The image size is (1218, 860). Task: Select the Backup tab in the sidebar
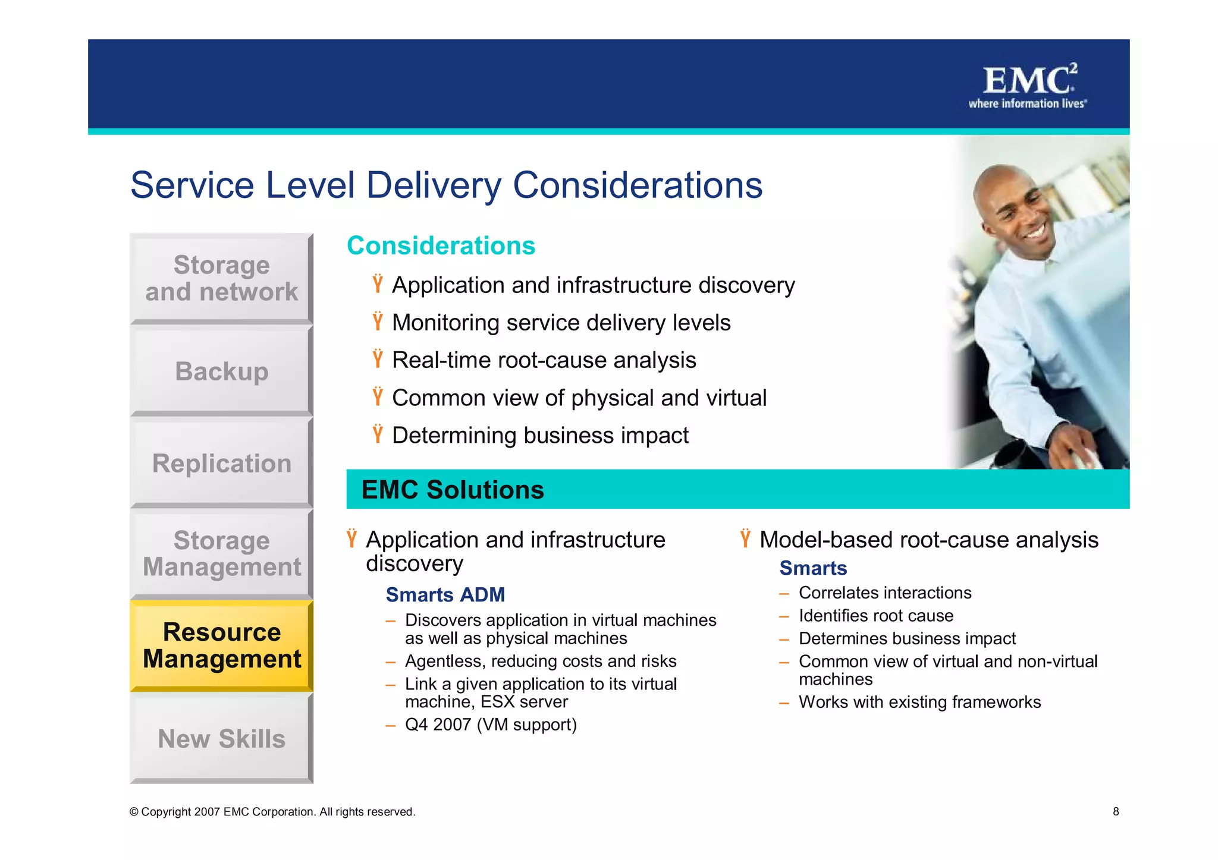tap(221, 371)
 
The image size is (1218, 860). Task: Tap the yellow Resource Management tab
tap(221, 645)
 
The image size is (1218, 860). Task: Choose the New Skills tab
tap(221, 739)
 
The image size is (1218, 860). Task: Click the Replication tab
tap(221, 464)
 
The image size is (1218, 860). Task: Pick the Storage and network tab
tap(221, 278)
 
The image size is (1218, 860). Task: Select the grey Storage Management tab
tap(221, 554)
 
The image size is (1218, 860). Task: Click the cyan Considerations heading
tap(441, 245)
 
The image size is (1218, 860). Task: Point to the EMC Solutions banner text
tap(453, 490)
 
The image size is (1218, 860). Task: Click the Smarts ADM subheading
tap(445, 594)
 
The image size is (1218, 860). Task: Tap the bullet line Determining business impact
tap(539, 436)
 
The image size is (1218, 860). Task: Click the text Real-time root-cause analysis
tap(544, 360)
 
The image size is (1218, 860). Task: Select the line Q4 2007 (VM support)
tap(491, 725)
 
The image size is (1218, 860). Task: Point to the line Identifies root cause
tap(875, 616)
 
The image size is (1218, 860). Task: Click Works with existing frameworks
tap(919, 702)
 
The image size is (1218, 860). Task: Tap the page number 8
tap(1116, 811)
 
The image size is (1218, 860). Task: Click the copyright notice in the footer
tap(272, 812)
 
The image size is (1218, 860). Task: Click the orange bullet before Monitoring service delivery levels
tap(378, 322)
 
